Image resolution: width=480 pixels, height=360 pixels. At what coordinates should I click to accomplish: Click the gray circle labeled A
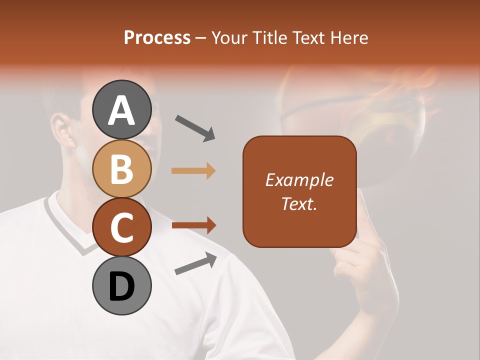121,109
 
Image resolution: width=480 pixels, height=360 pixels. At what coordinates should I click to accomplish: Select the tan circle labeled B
121,168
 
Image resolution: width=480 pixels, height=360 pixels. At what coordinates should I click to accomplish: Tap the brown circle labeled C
121,227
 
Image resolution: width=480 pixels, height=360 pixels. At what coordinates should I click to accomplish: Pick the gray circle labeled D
121,285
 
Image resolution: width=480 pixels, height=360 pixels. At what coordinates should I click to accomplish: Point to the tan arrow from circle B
193,171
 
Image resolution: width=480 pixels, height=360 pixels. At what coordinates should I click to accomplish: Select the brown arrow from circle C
193,225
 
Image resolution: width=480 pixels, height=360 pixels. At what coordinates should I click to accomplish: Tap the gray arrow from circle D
195,263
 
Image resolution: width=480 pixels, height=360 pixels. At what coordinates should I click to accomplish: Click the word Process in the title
157,37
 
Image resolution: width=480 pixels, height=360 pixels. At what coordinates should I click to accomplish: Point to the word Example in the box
299,180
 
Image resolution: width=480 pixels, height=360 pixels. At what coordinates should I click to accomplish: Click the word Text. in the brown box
299,203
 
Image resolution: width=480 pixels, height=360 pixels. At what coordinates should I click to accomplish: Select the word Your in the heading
230,37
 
